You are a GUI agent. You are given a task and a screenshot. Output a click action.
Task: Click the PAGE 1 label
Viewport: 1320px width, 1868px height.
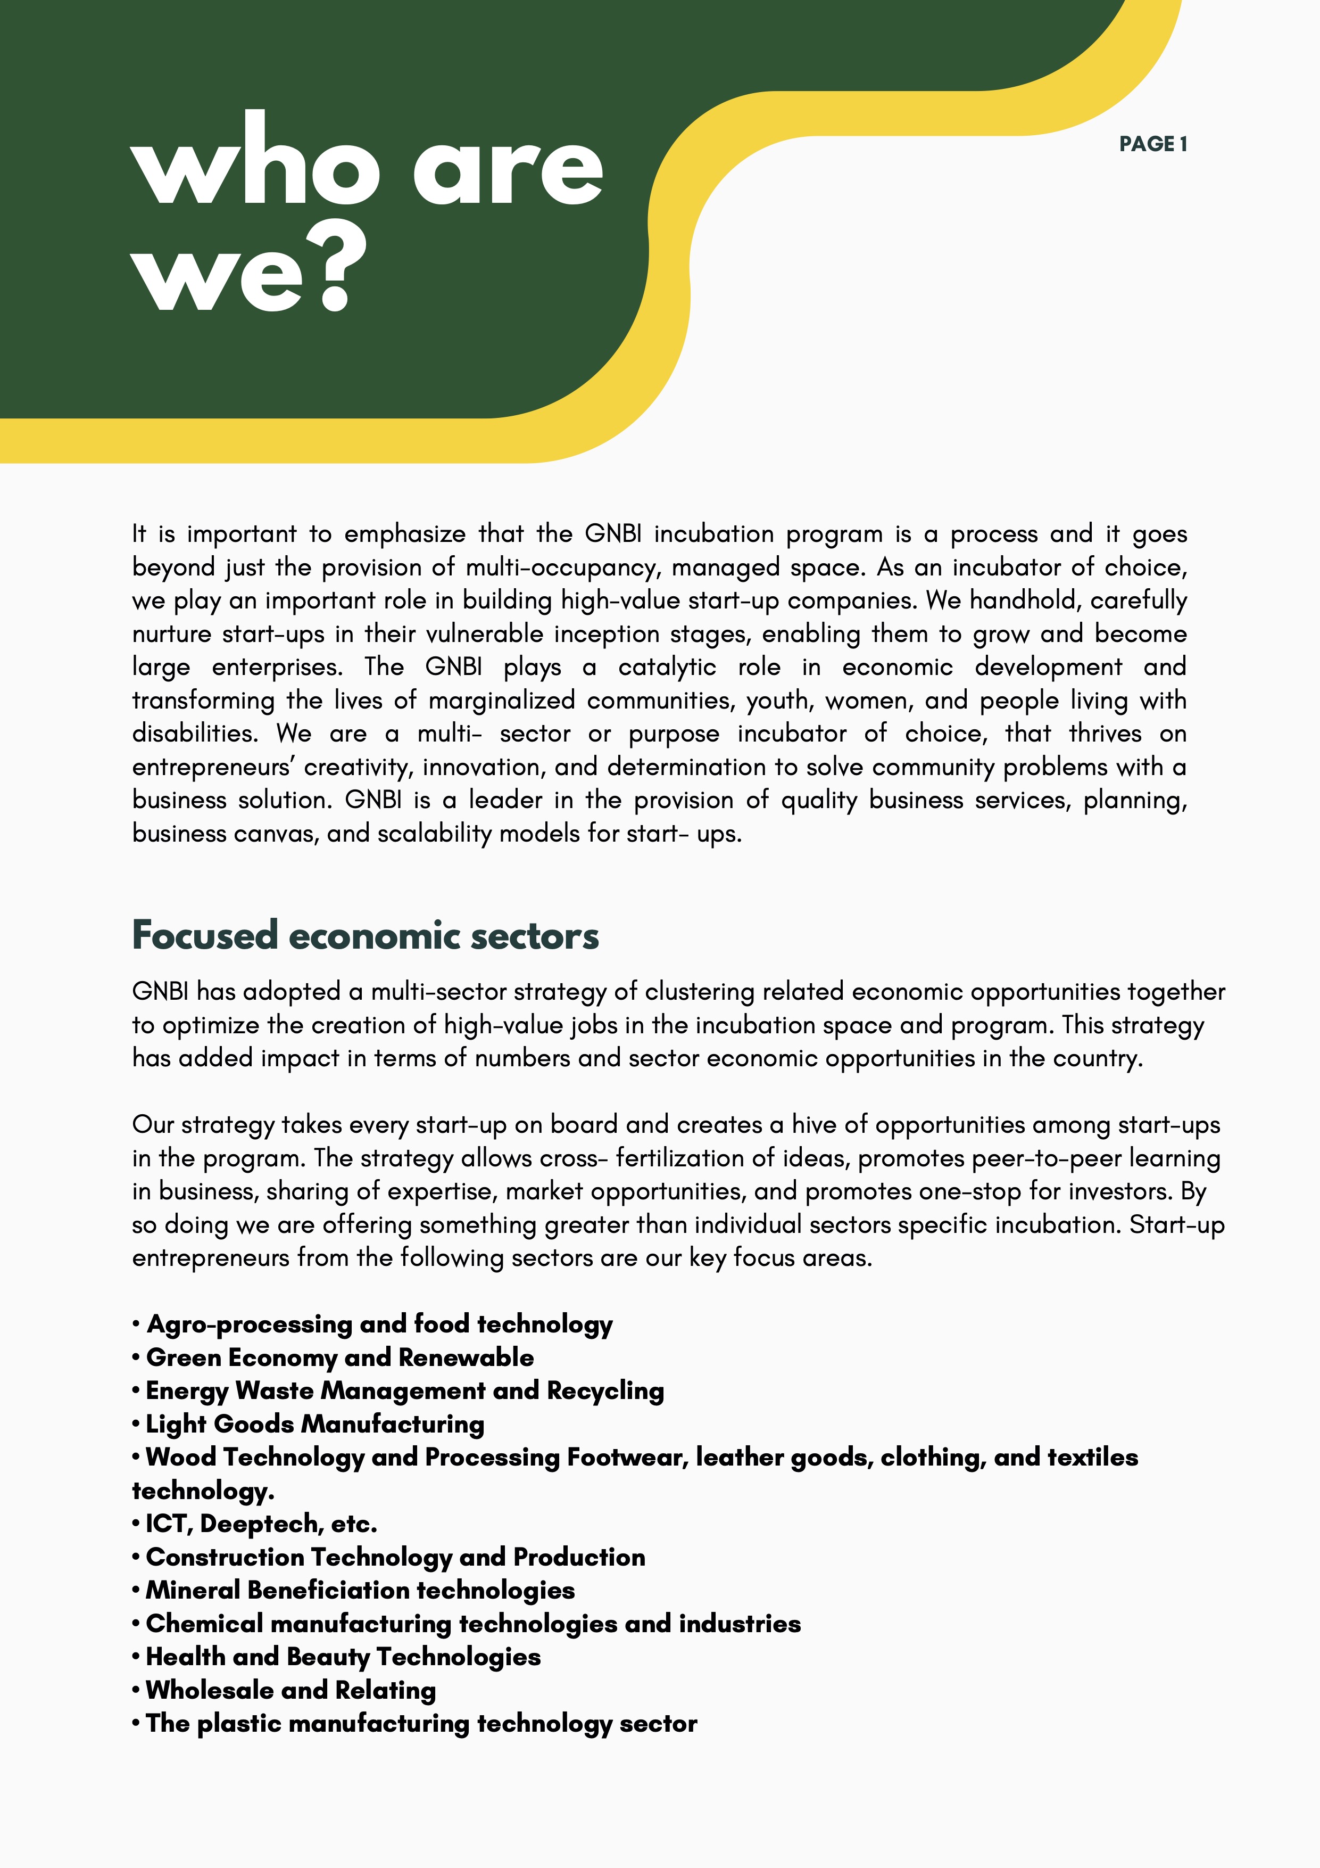1152,144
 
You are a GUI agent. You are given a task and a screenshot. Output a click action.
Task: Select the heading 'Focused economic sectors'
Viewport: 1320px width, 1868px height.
365,936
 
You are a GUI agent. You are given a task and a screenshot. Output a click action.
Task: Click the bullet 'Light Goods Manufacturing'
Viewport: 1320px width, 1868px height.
315,1424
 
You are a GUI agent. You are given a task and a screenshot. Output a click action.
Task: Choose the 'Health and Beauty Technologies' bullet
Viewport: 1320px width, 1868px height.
343,1657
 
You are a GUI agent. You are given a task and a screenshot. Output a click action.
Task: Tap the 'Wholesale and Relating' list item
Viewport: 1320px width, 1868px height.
290,1690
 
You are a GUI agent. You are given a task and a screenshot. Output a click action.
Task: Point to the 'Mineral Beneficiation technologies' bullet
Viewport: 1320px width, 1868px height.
360,1590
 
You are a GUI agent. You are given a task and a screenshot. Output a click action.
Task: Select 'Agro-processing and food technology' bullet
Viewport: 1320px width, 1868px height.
379,1324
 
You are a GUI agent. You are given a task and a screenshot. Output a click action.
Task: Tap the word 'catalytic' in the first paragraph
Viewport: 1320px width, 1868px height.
667,667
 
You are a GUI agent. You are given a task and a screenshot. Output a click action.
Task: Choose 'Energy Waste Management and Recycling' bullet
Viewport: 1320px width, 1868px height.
405,1390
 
